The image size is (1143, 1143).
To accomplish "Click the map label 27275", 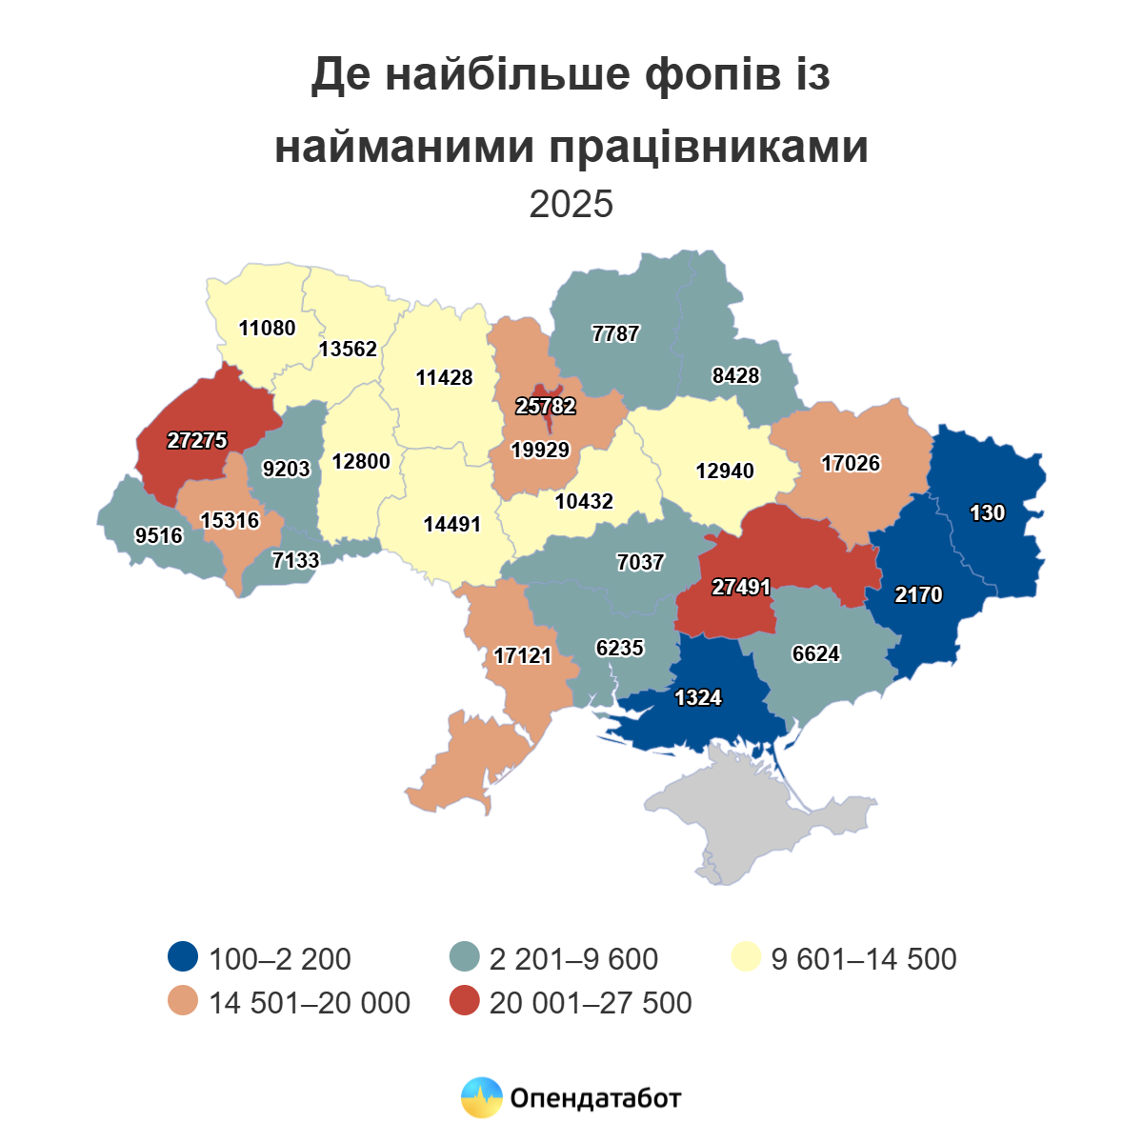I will click(197, 441).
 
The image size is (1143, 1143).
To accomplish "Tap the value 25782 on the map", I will click(546, 407).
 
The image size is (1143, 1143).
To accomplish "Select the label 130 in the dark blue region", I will click(987, 513).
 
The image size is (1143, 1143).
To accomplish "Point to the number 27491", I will click(741, 588).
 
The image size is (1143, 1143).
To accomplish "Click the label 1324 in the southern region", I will click(698, 698).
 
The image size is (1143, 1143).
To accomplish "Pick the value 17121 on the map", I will click(523, 656).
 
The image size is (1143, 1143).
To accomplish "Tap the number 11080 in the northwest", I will click(267, 329).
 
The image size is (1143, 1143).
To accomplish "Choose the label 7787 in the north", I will click(615, 334).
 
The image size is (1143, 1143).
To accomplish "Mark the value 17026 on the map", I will click(851, 464).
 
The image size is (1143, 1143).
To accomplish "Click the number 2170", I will click(918, 595).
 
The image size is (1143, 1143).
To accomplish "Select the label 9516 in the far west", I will click(159, 536).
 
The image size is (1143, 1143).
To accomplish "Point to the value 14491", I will click(452, 525).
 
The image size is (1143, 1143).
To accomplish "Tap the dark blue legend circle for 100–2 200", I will click(182, 957).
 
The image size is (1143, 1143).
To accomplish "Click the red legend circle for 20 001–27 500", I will click(464, 1002).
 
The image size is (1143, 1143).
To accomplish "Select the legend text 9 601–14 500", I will click(863, 958).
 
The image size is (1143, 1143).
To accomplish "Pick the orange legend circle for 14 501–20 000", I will click(182, 1002).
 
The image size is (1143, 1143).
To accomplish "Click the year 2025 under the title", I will click(571, 204).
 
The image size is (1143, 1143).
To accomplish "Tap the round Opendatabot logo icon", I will click(481, 1098).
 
